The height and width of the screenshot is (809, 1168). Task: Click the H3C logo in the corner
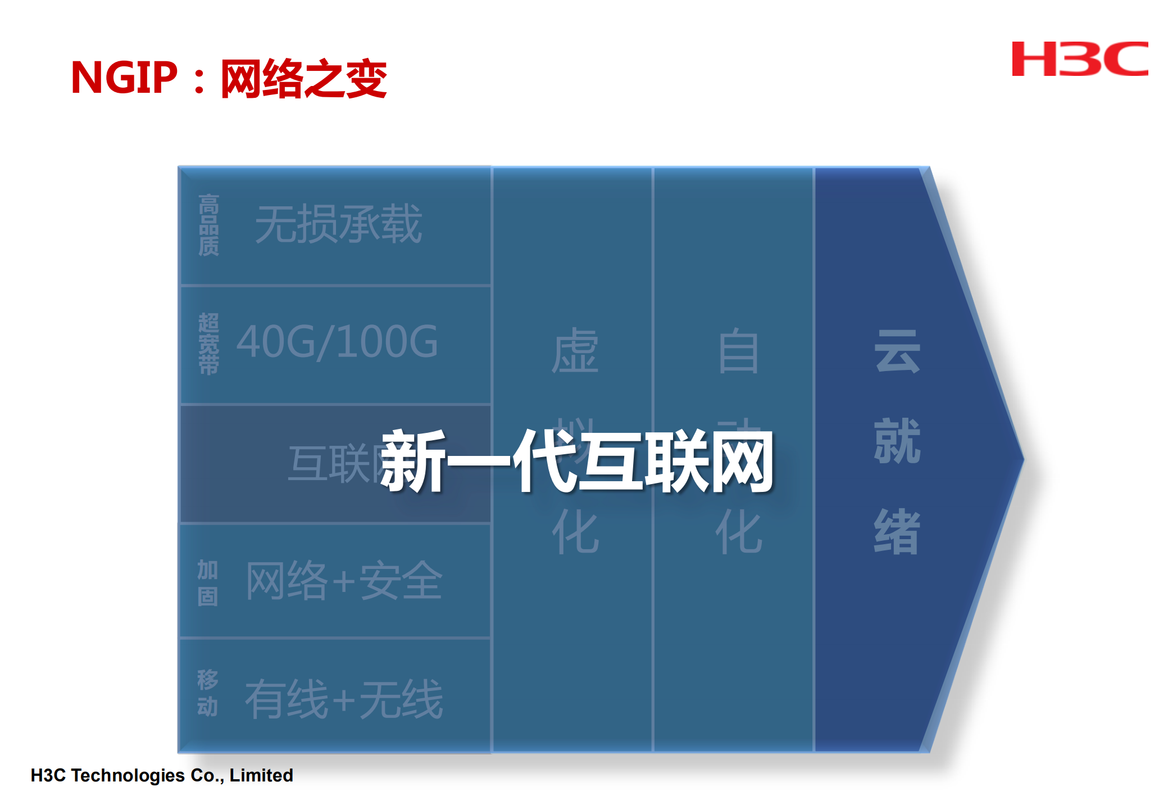[1079, 58]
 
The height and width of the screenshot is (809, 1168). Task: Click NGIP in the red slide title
[124, 78]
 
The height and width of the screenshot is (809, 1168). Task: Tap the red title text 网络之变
[303, 79]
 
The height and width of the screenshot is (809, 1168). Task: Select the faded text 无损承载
[338, 224]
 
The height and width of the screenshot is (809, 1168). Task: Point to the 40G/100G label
[337, 342]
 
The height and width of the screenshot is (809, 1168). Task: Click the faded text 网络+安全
[344, 581]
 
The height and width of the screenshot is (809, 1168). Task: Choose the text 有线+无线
[344, 699]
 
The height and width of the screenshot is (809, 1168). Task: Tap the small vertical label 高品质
[208, 225]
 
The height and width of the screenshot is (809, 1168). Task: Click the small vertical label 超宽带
[208, 344]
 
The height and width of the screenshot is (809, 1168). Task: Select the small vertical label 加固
[207, 583]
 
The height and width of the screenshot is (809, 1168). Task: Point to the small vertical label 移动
[207, 693]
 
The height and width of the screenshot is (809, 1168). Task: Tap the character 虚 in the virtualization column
[575, 351]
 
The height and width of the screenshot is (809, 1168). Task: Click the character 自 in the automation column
[738, 351]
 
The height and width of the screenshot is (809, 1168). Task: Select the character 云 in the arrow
[897, 351]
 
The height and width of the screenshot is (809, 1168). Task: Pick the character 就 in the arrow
[897, 441]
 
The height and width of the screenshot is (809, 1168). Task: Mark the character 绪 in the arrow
[897, 531]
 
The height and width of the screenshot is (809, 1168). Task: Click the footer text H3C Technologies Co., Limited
[162, 775]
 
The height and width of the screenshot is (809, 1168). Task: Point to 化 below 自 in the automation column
[738, 531]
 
